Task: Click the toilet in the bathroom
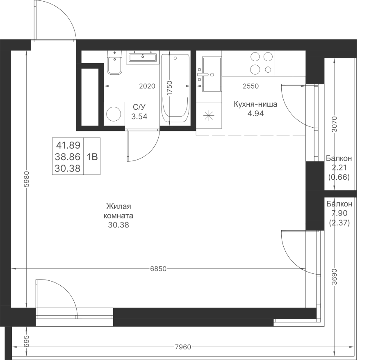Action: (x=115, y=63)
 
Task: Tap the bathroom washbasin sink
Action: (x=143, y=57)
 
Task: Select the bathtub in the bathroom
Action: (x=175, y=89)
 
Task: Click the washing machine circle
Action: (x=114, y=114)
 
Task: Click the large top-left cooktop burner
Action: (x=255, y=57)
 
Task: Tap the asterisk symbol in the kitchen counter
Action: (x=209, y=116)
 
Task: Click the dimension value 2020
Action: (x=147, y=86)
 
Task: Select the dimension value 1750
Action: (x=170, y=88)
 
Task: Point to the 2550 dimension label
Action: (x=251, y=86)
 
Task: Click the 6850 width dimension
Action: (x=158, y=269)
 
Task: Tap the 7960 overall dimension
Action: (x=183, y=347)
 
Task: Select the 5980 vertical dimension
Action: (x=27, y=179)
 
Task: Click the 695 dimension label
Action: (x=27, y=341)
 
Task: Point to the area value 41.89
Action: (x=68, y=145)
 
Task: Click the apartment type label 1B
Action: (x=92, y=157)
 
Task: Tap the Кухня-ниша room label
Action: (x=255, y=104)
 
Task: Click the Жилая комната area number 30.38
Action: (x=118, y=225)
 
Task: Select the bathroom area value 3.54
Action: (x=139, y=117)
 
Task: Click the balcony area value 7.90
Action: (x=339, y=213)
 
